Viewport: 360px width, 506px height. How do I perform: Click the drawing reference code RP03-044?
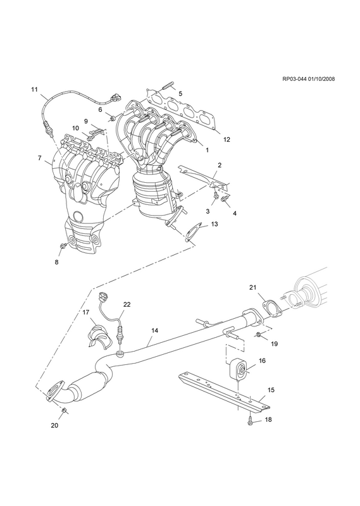coord(295,79)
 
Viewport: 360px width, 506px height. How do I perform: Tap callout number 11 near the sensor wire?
coord(34,89)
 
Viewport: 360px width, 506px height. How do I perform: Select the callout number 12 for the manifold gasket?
coord(227,140)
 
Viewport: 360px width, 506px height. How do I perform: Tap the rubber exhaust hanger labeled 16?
coord(239,371)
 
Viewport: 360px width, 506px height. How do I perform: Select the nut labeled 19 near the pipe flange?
coord(258,335)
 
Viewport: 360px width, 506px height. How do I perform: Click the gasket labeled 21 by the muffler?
coord(271,309)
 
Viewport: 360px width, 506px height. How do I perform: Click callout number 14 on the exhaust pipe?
coord(154,330)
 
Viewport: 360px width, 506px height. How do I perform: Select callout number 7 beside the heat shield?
coord(39,159)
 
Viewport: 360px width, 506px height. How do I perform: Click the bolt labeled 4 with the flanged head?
coord(225,199)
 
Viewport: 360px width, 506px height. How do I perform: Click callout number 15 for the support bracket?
coord(271,390)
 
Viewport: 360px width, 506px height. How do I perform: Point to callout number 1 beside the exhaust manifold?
coord(207,150)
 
